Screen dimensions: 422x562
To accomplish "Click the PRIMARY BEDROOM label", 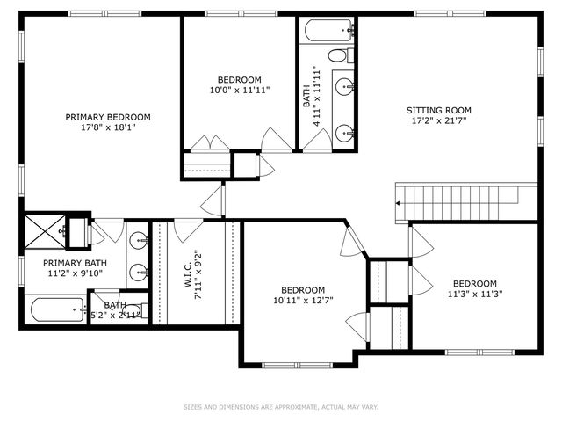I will [108, 116].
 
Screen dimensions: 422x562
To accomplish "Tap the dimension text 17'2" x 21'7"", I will [438, 120].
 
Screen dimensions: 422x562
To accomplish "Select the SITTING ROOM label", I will [438, 110].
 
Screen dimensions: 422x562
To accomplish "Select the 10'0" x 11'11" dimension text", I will [239, 90].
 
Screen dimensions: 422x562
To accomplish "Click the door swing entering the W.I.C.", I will [186, 230].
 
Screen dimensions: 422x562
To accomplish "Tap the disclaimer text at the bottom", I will [280, 407].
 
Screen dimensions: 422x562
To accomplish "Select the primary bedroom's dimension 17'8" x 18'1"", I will [108, 127].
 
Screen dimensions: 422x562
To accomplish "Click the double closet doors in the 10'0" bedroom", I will [212, 143].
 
